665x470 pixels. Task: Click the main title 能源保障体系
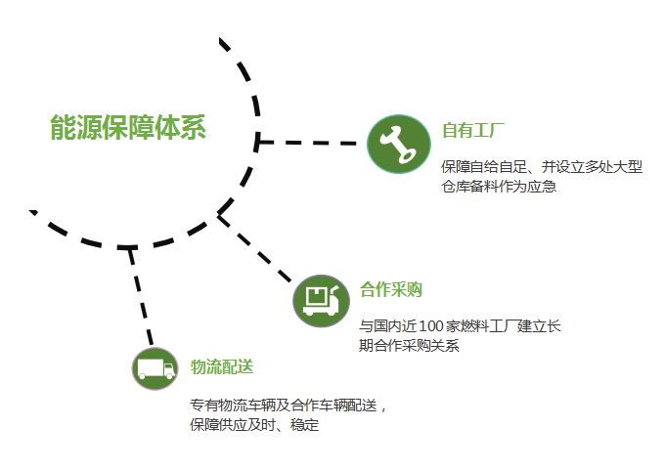click(x=128, y=127)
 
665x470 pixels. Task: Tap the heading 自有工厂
click(x=473, y=130)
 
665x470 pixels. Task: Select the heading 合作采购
click(x=391, y=290)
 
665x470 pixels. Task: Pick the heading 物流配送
click(x=222, y=366)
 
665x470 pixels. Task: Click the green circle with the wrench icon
click(x=399, y=144)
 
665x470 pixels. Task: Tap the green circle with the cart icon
click(x=321, y=301)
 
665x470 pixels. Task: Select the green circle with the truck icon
click(x=155, y=368)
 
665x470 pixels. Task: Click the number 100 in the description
click(x=431, y=326)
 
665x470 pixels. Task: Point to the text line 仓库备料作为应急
click(x=499, y=187)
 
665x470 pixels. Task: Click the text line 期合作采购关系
click(x=409, y=345)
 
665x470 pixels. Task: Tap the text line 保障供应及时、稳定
click(x=254, y=425)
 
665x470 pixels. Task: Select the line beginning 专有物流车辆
click(x=288, y=406)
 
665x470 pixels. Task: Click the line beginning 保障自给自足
click(x=542, y=166)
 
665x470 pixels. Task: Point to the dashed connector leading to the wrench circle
click(x=307, y=143)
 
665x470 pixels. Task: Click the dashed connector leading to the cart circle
click(x=254, y=248)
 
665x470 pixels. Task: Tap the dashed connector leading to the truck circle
click(x=140, y=296)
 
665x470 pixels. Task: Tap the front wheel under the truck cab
click(x=169, y=375)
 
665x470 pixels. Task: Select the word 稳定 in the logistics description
click(x=304, y=425)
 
